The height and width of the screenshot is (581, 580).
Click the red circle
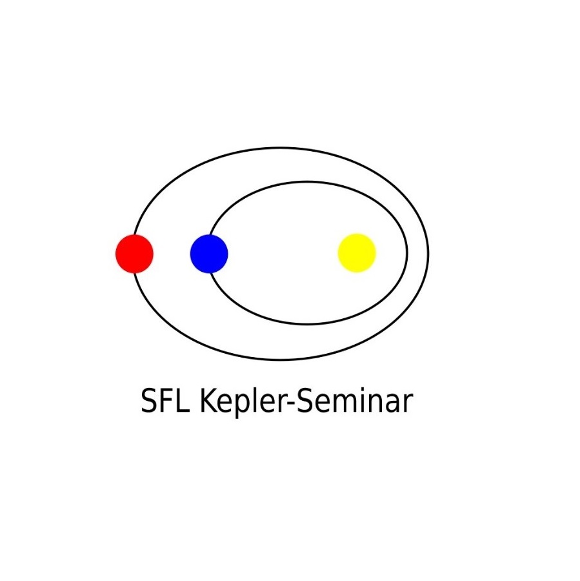point(134,254)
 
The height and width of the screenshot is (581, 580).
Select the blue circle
point(209,254)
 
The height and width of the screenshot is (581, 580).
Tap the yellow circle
point(357,253)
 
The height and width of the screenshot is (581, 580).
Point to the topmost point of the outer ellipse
point(281,148)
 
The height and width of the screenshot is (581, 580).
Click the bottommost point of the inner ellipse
point(308,324)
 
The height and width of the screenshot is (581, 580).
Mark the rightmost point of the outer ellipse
point(428,254)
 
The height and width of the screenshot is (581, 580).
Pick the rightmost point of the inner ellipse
point(407,253)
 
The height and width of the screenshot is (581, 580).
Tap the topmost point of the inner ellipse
point(308,181)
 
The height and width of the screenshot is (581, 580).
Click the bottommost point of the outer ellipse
point(281,360)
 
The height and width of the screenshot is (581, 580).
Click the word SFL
point(166,401)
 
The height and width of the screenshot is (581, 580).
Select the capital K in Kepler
point(209,400)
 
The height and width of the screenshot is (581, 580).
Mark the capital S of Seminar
point(305,400)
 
